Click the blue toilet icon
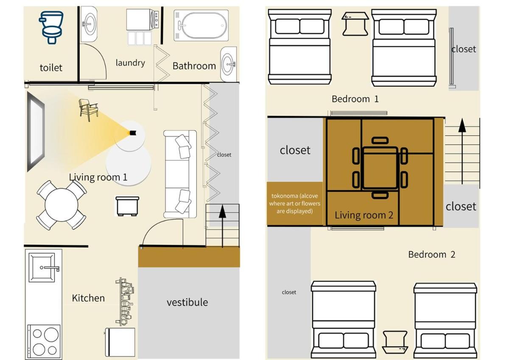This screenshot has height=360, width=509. tap(51, 27)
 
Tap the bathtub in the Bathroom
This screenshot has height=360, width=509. tap(201, 25)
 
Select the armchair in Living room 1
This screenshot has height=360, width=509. tap(88, 110)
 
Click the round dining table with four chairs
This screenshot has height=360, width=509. tap(62, 205)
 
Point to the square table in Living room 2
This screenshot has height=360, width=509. tap(380, 168)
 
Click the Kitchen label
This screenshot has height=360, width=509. tap(88, 298)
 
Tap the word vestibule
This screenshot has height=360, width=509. tap(187, 302)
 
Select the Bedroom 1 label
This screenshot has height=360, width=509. tap(355, 99)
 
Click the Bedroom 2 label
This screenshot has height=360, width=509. tap(432, 254)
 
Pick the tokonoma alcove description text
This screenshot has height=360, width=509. tap(295, 203)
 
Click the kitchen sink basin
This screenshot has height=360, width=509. tap(42, 267)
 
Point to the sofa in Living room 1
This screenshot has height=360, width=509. tap(180, 174)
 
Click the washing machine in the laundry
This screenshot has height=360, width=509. tap(143, 20)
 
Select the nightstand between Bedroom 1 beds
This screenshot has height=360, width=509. tap(355, 24)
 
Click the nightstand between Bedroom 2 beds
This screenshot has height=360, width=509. tap(395, 342)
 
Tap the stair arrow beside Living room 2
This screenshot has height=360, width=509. tap(462, 151)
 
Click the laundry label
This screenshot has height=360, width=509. tap(130, 63)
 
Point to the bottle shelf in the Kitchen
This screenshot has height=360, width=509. tap(125, 301)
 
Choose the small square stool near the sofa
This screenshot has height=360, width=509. tap(127, 206)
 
